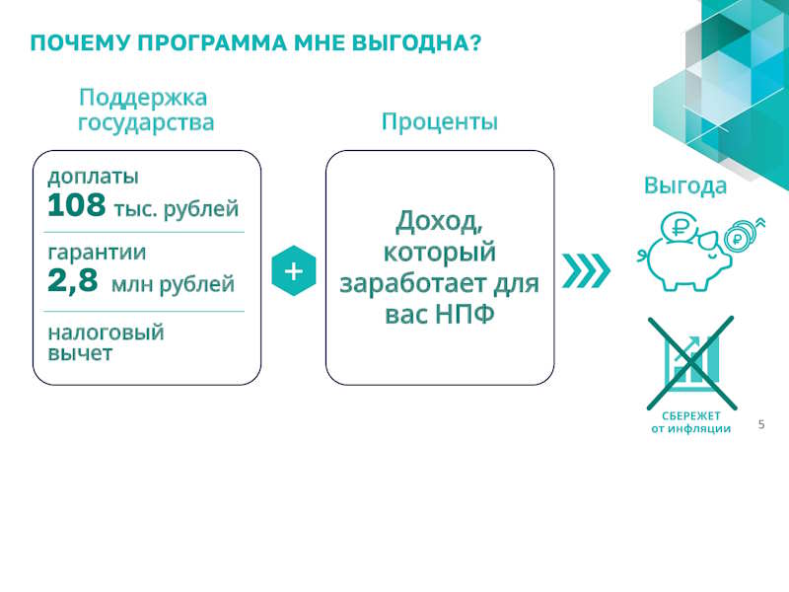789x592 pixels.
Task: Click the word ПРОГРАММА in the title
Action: point(212,42)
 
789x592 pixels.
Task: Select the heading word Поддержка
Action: point(143,98)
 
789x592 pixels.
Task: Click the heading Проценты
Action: point(439,121)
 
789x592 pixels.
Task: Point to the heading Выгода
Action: point(685,185)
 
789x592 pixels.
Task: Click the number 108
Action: point(77,205)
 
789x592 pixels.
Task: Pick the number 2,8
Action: point(72,280)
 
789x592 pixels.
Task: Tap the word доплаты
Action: point(93,178)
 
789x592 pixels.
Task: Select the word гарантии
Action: point(97,253)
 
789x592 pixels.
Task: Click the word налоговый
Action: point(106,333)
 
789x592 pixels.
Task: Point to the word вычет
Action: point(80,353)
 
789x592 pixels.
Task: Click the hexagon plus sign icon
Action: point(294,270)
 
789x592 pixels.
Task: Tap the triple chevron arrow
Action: point(586,270)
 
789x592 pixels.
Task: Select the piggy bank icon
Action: point(699,252)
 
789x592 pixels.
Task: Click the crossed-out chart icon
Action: point(691,362)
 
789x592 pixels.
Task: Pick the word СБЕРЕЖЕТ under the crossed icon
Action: point(691,416)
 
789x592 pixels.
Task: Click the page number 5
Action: point(761,424)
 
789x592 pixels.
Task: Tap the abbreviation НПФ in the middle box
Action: point(465,315)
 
